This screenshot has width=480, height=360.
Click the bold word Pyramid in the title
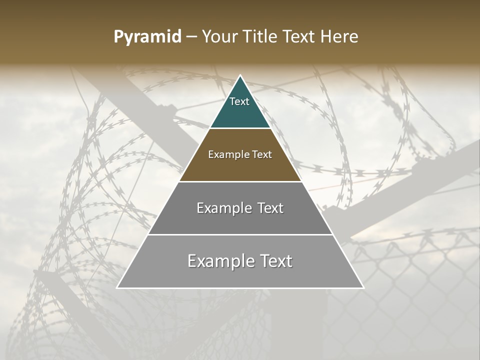[x=147, y=37]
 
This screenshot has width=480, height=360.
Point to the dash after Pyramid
[x=191, y=37]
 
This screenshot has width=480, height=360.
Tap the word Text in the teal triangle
[x=239, y=101]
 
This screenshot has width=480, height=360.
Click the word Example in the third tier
[x=220, y=208]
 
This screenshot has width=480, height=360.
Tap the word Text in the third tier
[x=270, y=208]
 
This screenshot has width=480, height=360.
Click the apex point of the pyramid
[x=240, y=75]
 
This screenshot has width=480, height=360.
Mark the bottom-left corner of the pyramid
[x=117, y=287]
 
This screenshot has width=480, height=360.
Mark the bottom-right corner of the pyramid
[x=363, y=287]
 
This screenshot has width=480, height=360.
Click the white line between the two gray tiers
[x=240, y=234]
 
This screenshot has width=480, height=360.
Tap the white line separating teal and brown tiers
[x=240, y=128]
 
